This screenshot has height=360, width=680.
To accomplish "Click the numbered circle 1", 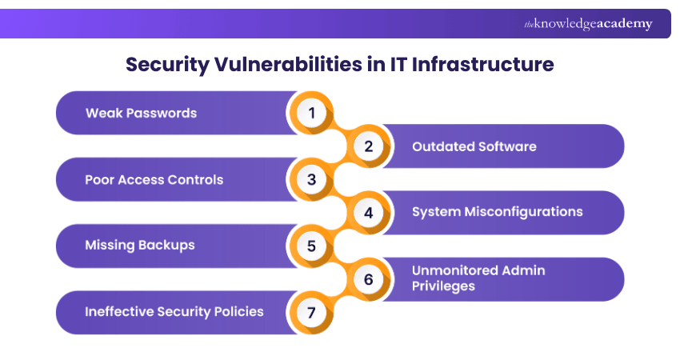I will click(x=311, y=113).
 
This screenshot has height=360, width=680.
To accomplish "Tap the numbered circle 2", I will click(x=369, y=146).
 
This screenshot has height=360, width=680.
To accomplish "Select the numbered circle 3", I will click(x=311, y=179).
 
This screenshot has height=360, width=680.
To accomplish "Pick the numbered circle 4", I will click(x=369, y=213).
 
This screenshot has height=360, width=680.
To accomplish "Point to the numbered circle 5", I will click(x=311, y=246).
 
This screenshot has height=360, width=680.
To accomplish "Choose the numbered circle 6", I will click(x=369, y=279).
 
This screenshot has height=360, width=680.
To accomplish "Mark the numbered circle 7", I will click(x=311, y=312).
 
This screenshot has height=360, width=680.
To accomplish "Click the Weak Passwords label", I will click(x=141, y=113).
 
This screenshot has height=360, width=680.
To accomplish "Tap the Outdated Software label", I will click(x=474, y=146).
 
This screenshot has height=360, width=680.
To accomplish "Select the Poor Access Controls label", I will click(x=154, y=179).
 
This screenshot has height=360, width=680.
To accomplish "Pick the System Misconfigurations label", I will click(x=497, y=212).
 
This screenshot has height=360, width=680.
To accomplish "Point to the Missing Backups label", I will click(x=140, y=245).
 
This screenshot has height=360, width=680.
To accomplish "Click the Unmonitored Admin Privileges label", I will click(x=478, y=278).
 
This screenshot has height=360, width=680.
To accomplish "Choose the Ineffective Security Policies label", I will click(x=174, y=311).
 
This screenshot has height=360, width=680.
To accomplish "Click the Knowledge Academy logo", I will click(x=588, y=24).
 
